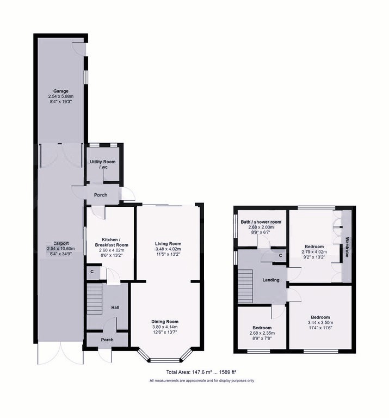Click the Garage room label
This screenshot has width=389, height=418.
pyautogui.click(x=61, y=91)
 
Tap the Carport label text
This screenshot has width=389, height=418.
pyautogui.click(x=61, y=243)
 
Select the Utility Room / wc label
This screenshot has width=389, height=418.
pyautogui.click(x=103, y=164)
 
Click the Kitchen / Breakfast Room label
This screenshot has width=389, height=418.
pyautogui.click(x=112, y=242)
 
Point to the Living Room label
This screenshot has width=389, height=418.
pyautogui.click(x=168, y=244)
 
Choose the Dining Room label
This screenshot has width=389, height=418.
pyautogui.click(x=165, y=322)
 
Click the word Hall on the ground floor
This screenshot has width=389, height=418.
pyautogui.click(x=115, y=308)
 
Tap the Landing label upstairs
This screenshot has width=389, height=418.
pyautogui.click(x=271, y=280)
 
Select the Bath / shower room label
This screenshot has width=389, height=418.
pyautogui.click(x=261, y=222)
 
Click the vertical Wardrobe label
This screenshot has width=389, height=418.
pyautogui.click(x=347, y=247)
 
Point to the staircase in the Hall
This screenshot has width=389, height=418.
pyautogui.click(x=95, y=299)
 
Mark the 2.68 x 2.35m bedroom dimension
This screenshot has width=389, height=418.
pyautogui.click(x=262, y=333)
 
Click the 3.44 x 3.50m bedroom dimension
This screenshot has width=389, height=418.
pyautogui.click(x=320, y=323)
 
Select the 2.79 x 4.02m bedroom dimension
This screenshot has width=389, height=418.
pyautogui.click(x=314, y=252)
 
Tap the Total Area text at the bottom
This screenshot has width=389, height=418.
pyautogui.click(x=201, y=372)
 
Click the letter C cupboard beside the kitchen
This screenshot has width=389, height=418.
pyautogui.click(x=92, y=272)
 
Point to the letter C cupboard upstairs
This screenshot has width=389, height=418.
pyautogui.click(x=280, y=256)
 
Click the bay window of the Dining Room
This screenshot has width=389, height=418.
pyautogui.click(x=165, y=357)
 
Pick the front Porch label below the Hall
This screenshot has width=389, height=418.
pyautogui.click(x=107, y=340)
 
